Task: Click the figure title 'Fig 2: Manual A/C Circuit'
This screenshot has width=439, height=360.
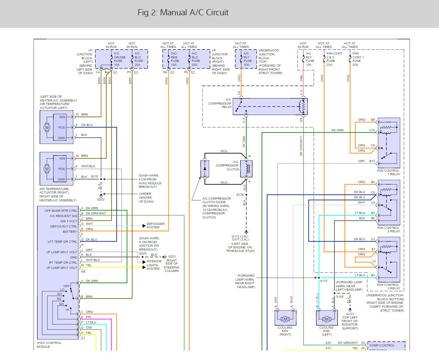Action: tap(183, 13)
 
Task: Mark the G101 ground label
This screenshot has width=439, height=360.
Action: tap(350, 314)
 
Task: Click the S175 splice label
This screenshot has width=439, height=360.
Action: tap(323, 281)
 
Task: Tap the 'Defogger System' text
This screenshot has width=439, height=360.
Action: tap(156, 226)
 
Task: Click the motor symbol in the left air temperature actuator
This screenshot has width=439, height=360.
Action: tap(46, 127)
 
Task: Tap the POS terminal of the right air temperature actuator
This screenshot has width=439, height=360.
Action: tap(61, 169)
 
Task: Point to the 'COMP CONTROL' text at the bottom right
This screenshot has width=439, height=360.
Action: tap(381, 345)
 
